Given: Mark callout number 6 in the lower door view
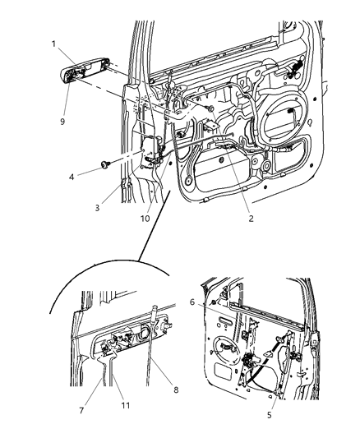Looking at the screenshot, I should click(192, 302).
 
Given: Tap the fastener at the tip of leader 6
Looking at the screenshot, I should click(212, 303).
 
